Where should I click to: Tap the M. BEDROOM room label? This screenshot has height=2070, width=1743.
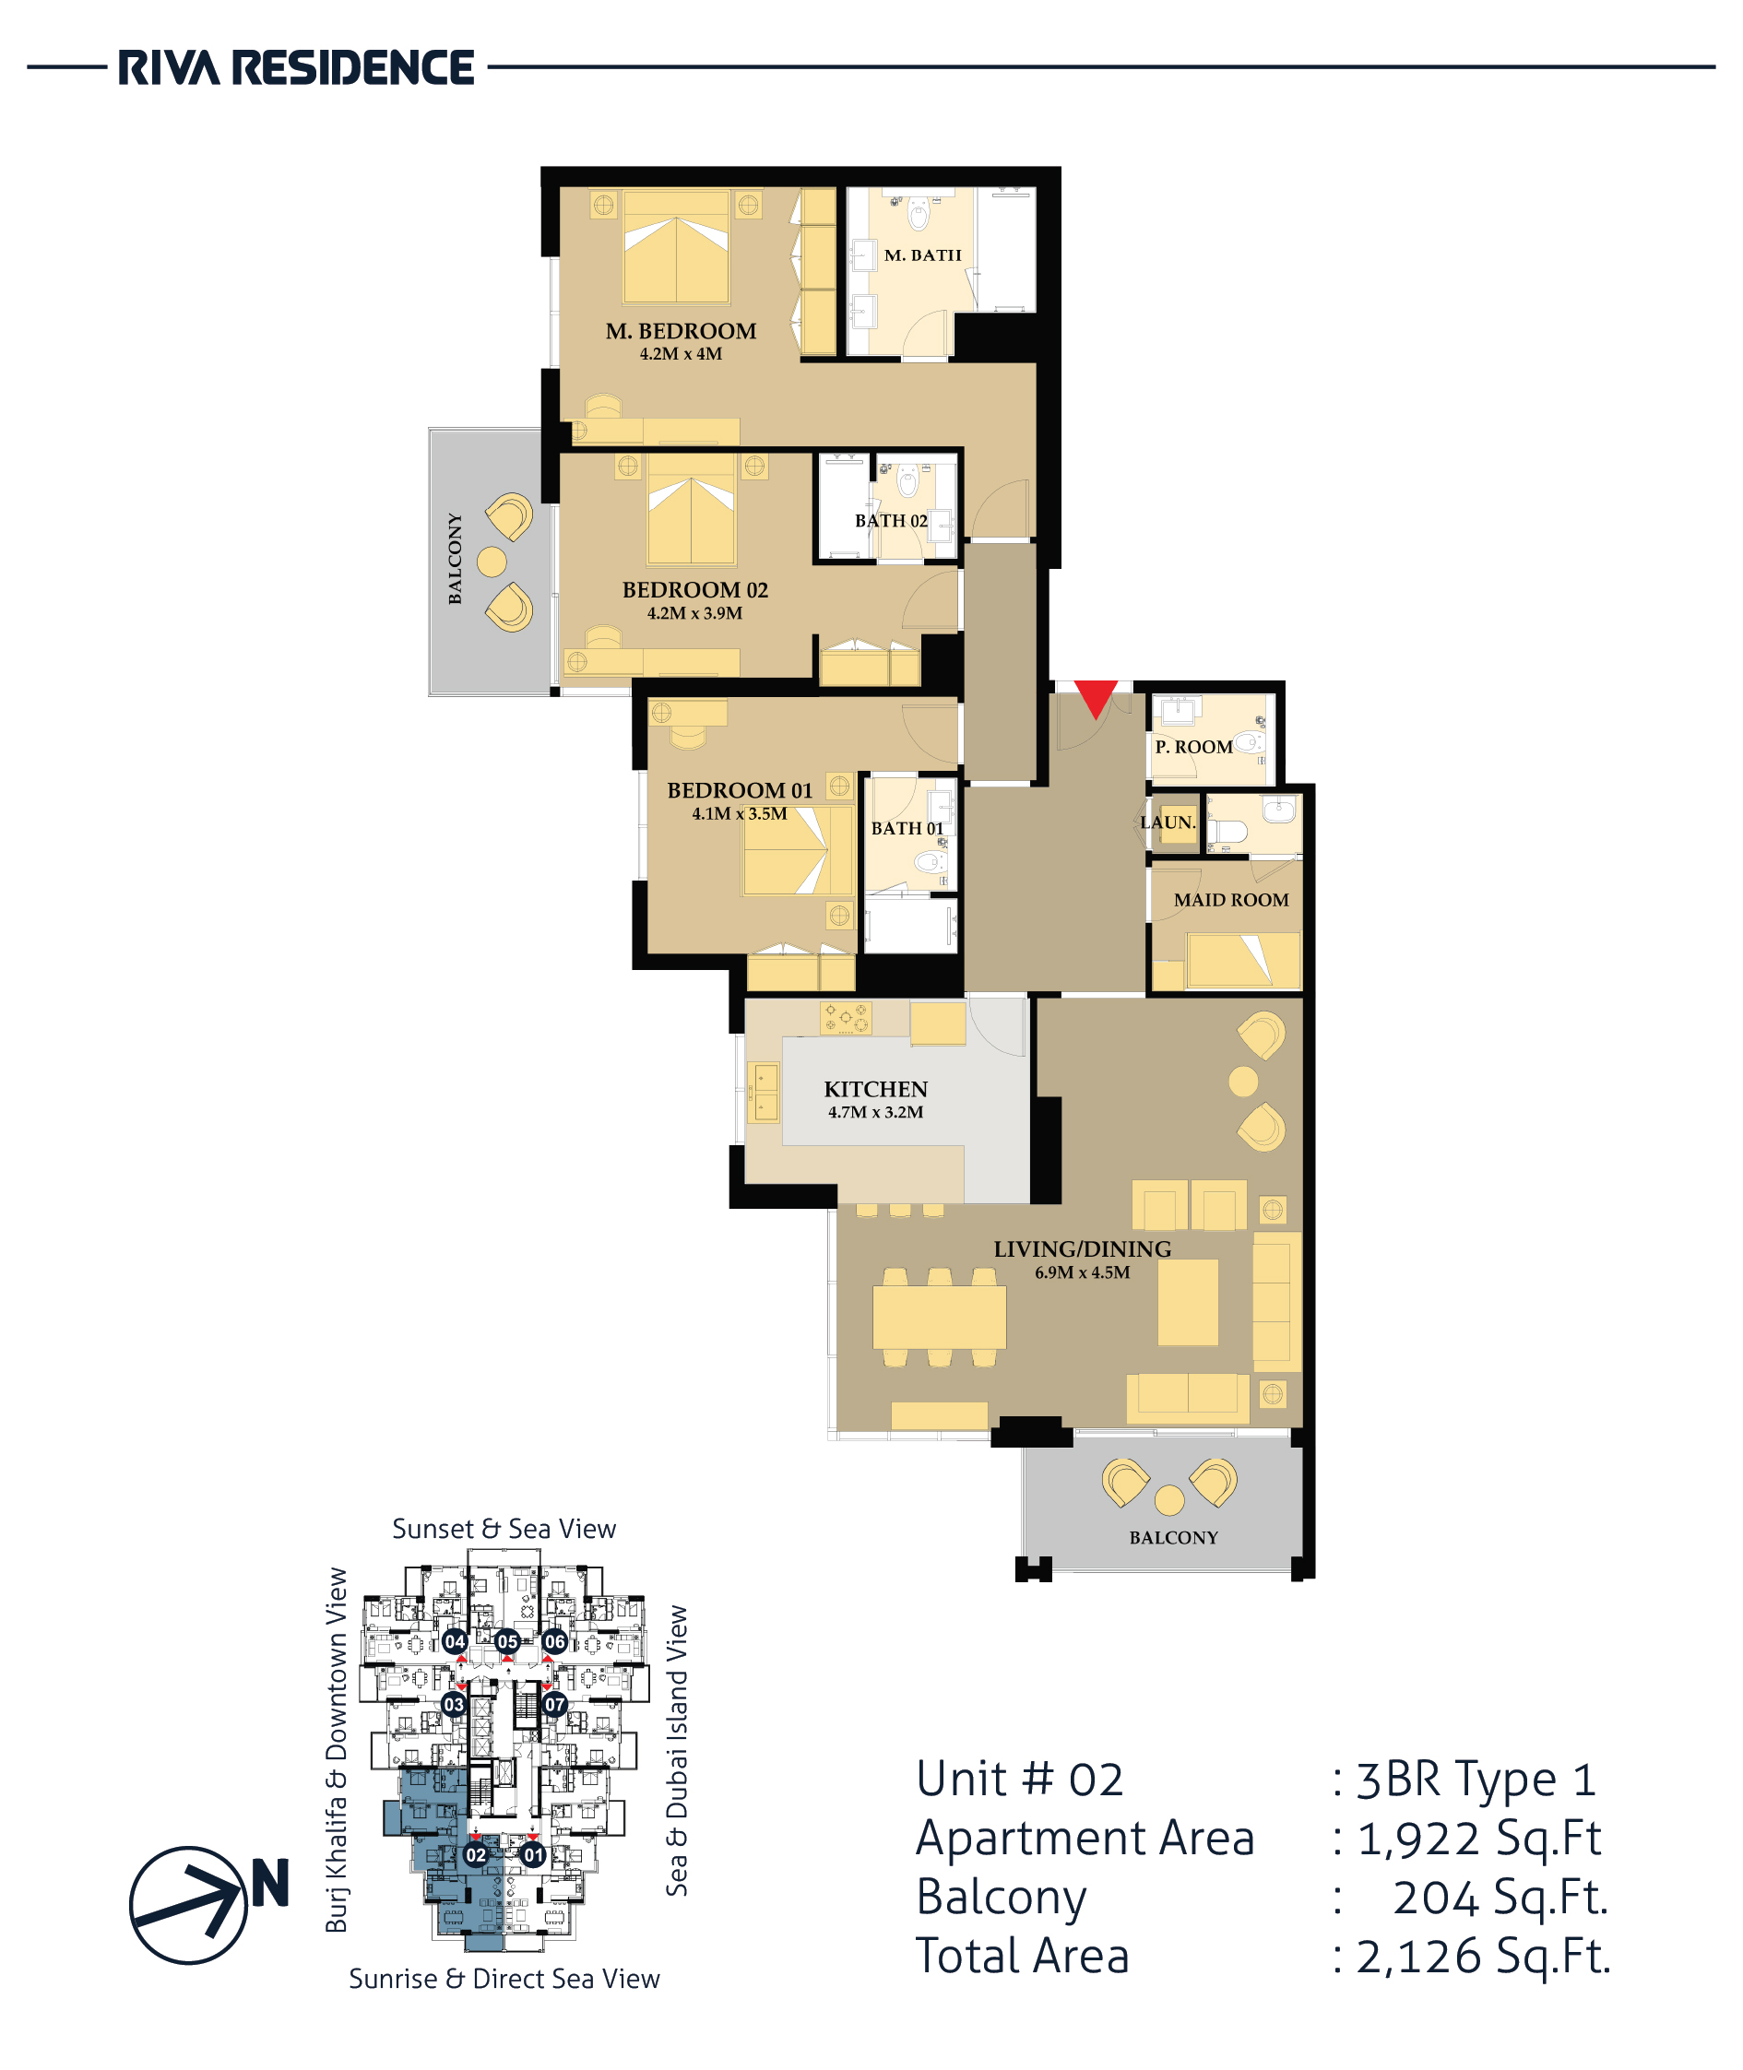pos(681,331)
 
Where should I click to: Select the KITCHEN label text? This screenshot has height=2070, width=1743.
pos(875,1089)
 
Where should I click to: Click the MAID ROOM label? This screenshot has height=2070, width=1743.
pos(1231,900)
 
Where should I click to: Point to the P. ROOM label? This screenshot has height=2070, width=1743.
pos(1193,747)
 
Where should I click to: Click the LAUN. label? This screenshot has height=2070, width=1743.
pos(1168,822)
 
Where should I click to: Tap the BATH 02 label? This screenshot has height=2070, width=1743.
pos(891,521)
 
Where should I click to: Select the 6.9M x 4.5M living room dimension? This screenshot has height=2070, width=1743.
pos(1082,1272)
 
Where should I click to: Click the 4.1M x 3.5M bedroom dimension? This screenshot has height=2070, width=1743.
pos(739,814)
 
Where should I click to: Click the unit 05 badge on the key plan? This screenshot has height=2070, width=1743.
pos(508,1641)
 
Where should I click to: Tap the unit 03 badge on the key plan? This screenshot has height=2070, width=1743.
pos(454,1705)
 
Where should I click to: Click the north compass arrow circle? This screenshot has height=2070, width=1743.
pos(189,1905)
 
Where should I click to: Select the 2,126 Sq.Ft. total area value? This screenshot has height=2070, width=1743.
pos(1482,1957)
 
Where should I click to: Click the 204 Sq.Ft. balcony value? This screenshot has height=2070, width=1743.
pos(1500,1897)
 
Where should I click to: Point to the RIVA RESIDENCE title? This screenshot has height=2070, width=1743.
pos(296,68)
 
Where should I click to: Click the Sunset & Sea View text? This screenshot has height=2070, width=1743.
pos(504,1529)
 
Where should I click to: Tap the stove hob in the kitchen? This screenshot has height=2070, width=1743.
pos(846,1019)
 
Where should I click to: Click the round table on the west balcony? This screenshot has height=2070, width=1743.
pos(492,562)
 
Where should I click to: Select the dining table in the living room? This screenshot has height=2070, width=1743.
pos(939,1317)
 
